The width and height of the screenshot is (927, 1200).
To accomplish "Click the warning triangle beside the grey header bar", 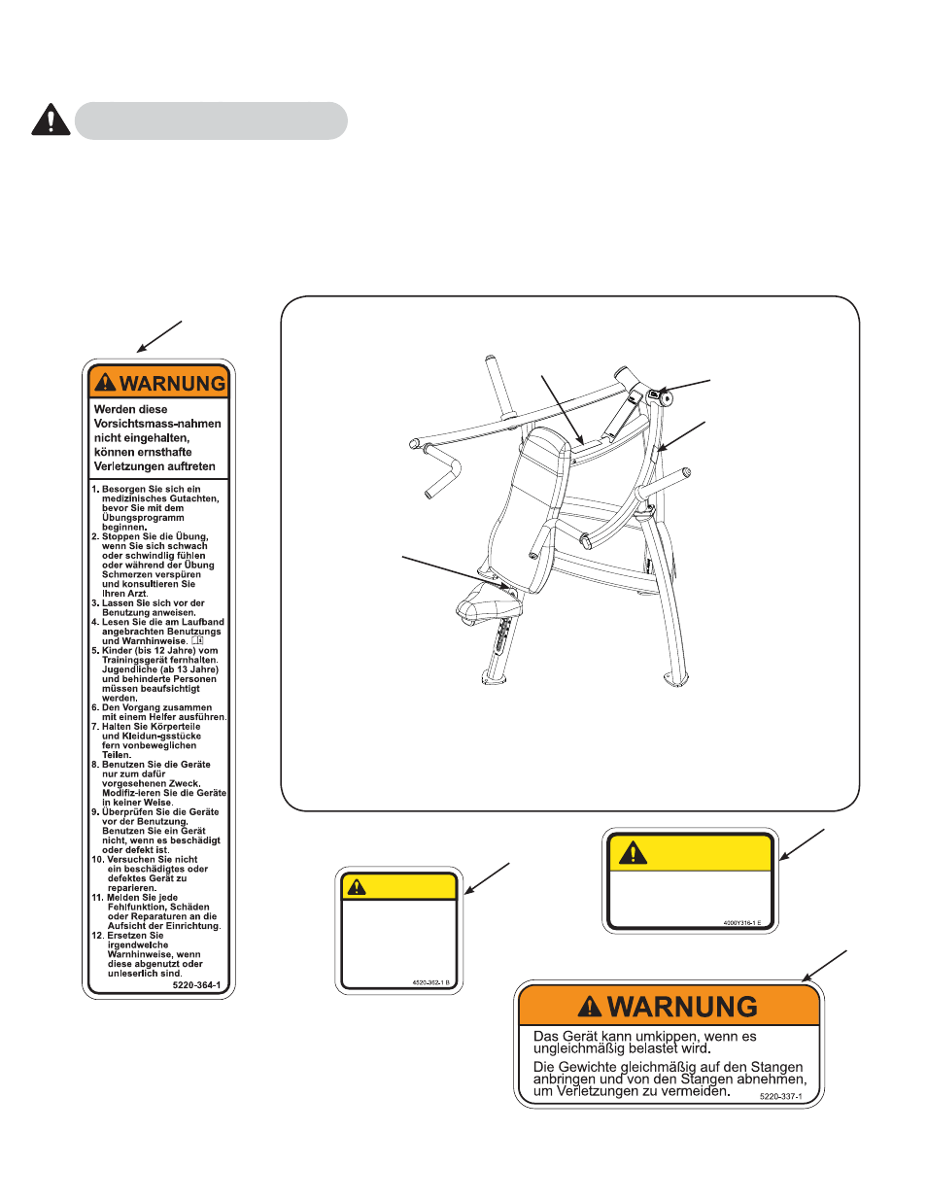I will [51, 120].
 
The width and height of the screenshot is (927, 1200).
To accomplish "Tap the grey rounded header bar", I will [211, 121].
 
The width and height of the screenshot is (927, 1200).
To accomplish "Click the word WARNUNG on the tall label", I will [172, 384].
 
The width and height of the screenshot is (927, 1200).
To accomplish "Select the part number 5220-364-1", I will [196, 985].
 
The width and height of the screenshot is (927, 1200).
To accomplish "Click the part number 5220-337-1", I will [780, 1096].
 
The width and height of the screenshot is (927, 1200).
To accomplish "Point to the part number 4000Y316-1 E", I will [742, 923].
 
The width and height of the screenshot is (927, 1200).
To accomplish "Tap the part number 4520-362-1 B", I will [430, 982].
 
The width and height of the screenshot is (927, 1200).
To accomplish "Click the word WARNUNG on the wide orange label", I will [682, 1007].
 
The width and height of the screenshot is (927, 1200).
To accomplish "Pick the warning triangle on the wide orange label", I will [589, 1007].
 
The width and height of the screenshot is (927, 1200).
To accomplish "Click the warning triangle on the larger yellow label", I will [633, 853].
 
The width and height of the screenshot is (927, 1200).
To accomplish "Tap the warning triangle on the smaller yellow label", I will [357, 886].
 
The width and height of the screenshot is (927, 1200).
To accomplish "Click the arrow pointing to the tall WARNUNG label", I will [159, 336].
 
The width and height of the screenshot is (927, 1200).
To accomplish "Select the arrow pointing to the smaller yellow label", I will [487, 877].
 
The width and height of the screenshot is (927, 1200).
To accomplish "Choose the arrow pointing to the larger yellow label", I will [802, 844].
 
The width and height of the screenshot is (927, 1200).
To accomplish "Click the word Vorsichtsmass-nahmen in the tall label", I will [157, 424].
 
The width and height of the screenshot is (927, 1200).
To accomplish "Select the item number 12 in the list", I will [97, 936].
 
